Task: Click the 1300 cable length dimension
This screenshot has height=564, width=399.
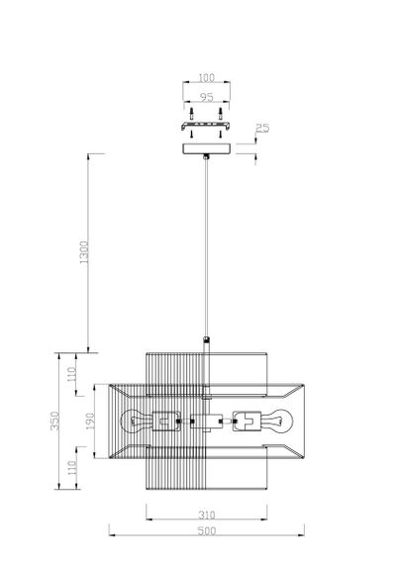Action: (x=84, y=252)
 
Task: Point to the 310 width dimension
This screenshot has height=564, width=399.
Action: (x=207, y=517)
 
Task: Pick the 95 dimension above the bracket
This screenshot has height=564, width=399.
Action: (x=206, y=98)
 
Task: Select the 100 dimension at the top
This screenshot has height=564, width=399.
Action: (x=206, y=76)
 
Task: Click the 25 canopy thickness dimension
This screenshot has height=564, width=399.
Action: (x=261, y=130)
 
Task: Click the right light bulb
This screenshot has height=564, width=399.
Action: (x=278, y=420)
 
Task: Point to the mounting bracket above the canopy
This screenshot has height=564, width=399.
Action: (x=206, y=126)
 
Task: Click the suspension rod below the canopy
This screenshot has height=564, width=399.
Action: (x=206, y=247)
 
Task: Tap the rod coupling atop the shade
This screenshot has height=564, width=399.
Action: (x=206, y=342)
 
